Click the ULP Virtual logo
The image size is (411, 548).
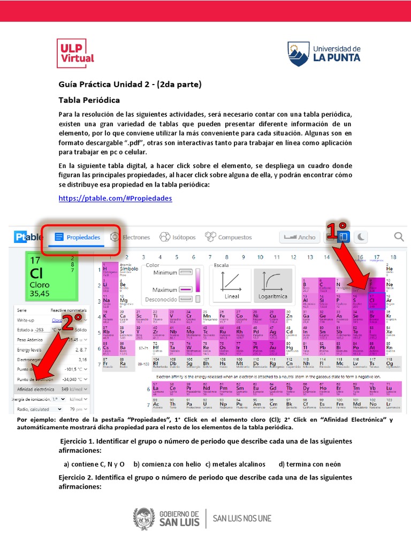coord(75,53)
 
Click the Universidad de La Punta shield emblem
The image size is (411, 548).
coord(298,54)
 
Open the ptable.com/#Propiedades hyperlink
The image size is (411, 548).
coord(115,198)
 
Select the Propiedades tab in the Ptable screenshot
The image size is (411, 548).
coord(78,237)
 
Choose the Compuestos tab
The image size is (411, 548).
coord(229,237)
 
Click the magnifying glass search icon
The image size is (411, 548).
coord(399,237)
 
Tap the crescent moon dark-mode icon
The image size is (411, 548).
coord(362,237)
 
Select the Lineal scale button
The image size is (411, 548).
coord(232,285)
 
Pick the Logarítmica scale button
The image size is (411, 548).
coord(273,285)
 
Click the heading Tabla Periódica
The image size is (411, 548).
coord(89,100)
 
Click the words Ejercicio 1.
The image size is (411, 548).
coord(79,441)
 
